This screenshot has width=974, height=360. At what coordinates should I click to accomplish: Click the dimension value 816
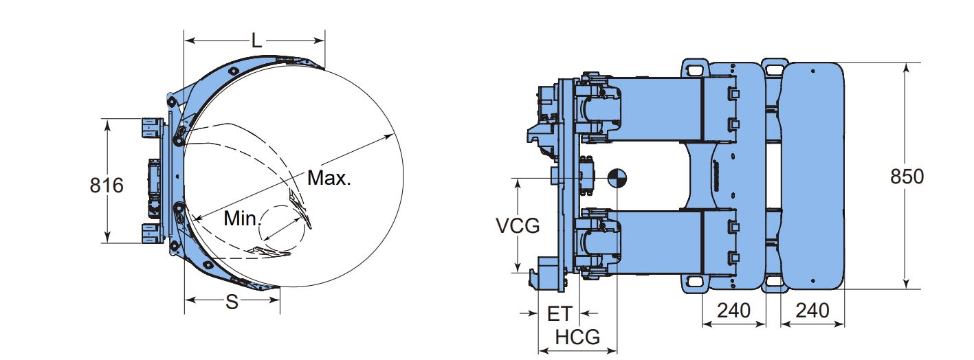[x=107, y=185]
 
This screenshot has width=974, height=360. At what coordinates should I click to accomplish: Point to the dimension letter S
[x=232, y=302]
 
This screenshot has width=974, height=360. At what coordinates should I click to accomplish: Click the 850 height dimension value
[x=907, y=177]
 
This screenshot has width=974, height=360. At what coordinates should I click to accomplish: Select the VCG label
[x=518, y=225]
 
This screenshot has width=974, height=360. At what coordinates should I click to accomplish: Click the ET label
[x=559, y=314]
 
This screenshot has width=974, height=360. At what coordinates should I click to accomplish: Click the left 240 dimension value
[x=733, y=311]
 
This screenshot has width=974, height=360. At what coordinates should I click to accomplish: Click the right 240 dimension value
[x=812, y=311]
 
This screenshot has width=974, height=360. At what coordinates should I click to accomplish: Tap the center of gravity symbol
[x=617, y=178]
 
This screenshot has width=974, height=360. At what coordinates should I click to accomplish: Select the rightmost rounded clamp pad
[x=813, y=175]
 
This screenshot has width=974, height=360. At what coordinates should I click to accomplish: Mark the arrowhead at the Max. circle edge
[x=393, y=136]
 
